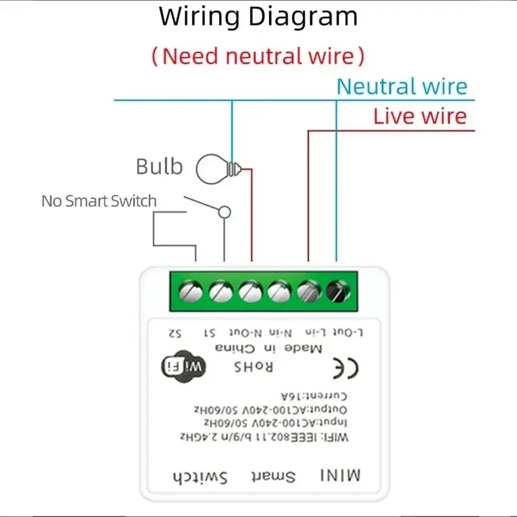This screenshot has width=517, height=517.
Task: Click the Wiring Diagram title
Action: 258,17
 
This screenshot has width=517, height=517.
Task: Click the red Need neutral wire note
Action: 258,56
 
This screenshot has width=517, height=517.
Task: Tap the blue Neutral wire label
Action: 401,87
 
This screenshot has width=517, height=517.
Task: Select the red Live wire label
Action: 419,116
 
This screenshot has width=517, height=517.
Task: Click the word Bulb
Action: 159,167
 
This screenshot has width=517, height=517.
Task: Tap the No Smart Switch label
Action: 99,201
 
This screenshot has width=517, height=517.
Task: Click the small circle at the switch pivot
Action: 225,211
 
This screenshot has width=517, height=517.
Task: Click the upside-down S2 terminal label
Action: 174,333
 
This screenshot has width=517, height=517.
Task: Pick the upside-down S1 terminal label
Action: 209,333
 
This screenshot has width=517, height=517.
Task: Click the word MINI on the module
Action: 340,477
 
